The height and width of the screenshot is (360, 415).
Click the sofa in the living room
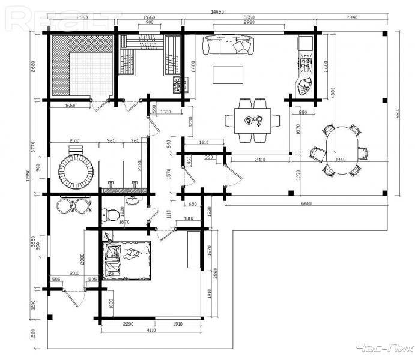click(x=228, y=46)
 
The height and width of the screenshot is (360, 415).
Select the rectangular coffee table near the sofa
click(x=229, y=75)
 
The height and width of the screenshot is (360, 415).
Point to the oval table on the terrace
click(x=339, y=150)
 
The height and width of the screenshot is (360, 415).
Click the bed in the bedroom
click(x=127, y=259)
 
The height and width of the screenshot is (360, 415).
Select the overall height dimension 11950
click(x=28, y=175)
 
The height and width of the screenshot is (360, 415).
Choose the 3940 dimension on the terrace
click(x=340, y=160)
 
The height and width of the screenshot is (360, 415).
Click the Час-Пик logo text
click(x=382, y=348)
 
